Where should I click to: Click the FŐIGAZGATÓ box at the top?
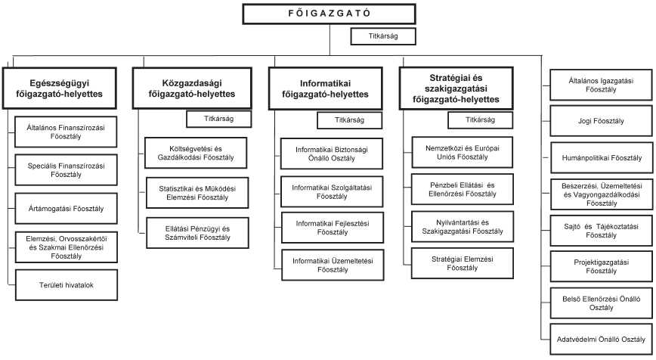pyautogui.click(x=328, y=14)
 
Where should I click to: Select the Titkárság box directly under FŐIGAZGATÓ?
pyautogui.click(x=384, y=36)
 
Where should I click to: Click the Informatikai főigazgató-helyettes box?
pyautogui.click(x=325, y=88)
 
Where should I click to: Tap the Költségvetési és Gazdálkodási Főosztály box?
pyautogui.click(x=190, y=151)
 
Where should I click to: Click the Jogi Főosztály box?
pyautogui.click(x=601, y=119)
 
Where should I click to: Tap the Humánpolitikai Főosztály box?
pyautogui.click(x=601, y=158)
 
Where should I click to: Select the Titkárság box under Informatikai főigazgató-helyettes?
pyautogui.click(x=350, y=119)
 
